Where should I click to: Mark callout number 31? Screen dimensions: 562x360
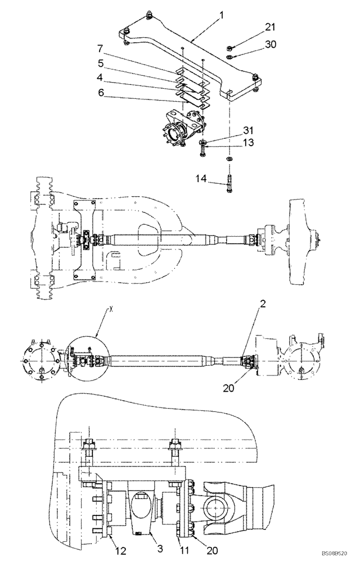point(249,131)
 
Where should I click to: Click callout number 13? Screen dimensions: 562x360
point(249,144)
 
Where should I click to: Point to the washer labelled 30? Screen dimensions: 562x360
point(230,56)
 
